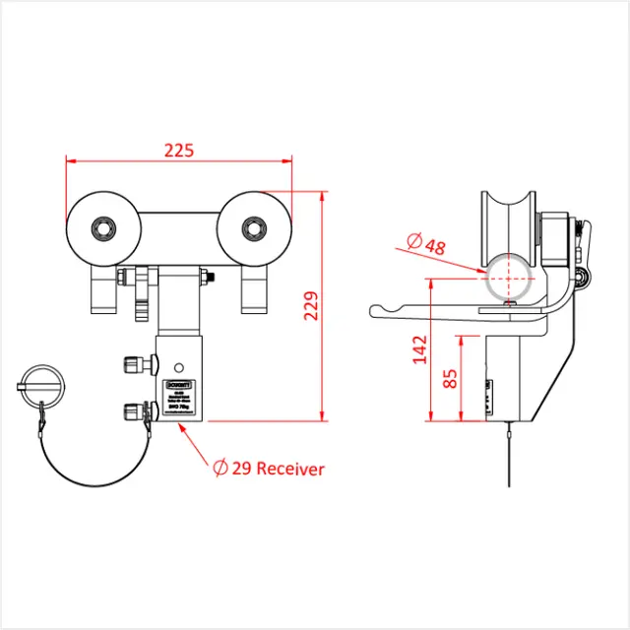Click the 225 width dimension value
click(x=179, y=151)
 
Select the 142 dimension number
click(x=420, y=349)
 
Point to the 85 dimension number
click(x=450, y=378)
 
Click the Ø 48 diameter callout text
click(x=425, y=243)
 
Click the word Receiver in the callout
click(x=290, y=470)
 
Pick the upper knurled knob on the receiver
click(x=132, y=364)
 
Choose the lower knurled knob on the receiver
click(x=132, y=409)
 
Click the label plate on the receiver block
click(x=180, y=397)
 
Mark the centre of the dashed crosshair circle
click(x=509, y=279)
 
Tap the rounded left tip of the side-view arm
click(x=375, y=312)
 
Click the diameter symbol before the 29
click(x=220, y=470)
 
